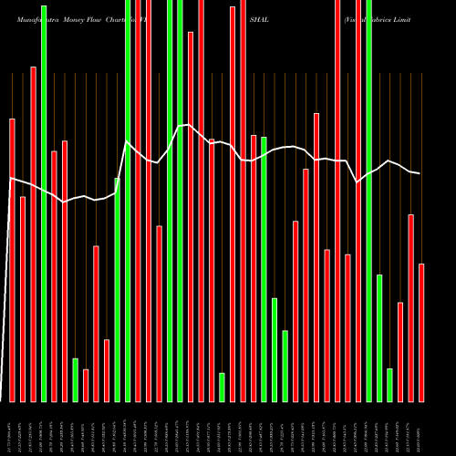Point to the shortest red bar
[86, 385]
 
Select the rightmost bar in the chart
[421, 332]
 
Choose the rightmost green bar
[389, 385]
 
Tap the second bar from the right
[410, 307]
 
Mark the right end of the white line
[420, 173]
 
